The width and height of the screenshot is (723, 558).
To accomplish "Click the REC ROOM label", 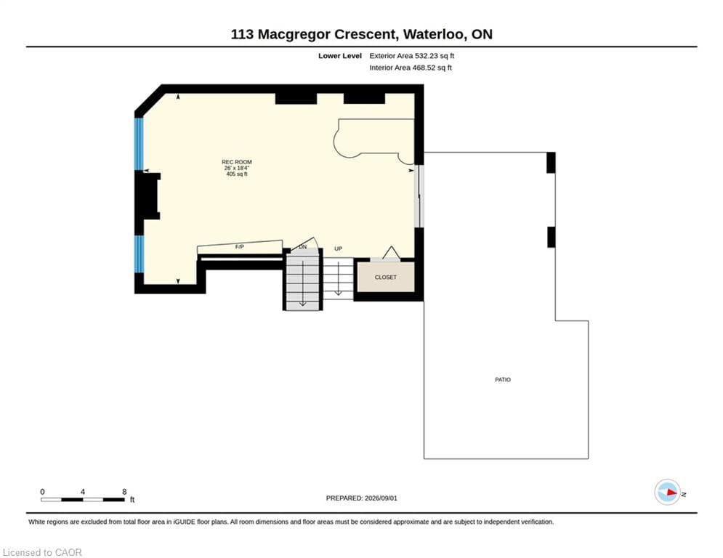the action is click(x=237, y=162).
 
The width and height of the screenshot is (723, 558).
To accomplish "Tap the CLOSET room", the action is click(x=385, y=277).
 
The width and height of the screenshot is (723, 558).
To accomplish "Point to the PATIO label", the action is click(x=503, y=379).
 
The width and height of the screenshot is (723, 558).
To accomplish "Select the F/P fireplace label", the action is click(x=239, y=247).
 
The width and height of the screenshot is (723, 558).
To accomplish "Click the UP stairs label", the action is click(x=338, y=248).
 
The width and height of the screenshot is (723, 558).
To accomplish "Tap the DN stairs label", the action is click(x=302, y=247).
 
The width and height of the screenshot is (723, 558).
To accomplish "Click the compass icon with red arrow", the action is click(x=667, y=492).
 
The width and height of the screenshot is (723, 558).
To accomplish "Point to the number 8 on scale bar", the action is click(x=124, y=492).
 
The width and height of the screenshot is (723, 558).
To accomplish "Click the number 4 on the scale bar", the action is click(x=83, y=492).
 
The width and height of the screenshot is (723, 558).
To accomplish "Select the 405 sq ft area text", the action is click(x=237, y=174).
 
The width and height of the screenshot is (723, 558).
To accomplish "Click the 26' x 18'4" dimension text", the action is click(x=237, y=168).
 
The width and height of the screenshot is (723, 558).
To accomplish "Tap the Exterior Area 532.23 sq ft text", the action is click(x=412, y=56).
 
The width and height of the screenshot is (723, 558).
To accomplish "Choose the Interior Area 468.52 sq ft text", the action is click(x=411, y=68).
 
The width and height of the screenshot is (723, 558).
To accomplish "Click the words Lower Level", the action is click(x=340, y=56).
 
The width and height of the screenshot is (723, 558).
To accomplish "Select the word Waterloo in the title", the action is click(x=434, y=34).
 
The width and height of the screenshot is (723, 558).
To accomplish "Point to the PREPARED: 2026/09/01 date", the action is click(x=362, y=498).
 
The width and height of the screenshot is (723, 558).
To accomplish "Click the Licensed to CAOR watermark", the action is click(x=42, y=552).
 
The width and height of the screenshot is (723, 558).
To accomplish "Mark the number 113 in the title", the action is click(x=242, y=34).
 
